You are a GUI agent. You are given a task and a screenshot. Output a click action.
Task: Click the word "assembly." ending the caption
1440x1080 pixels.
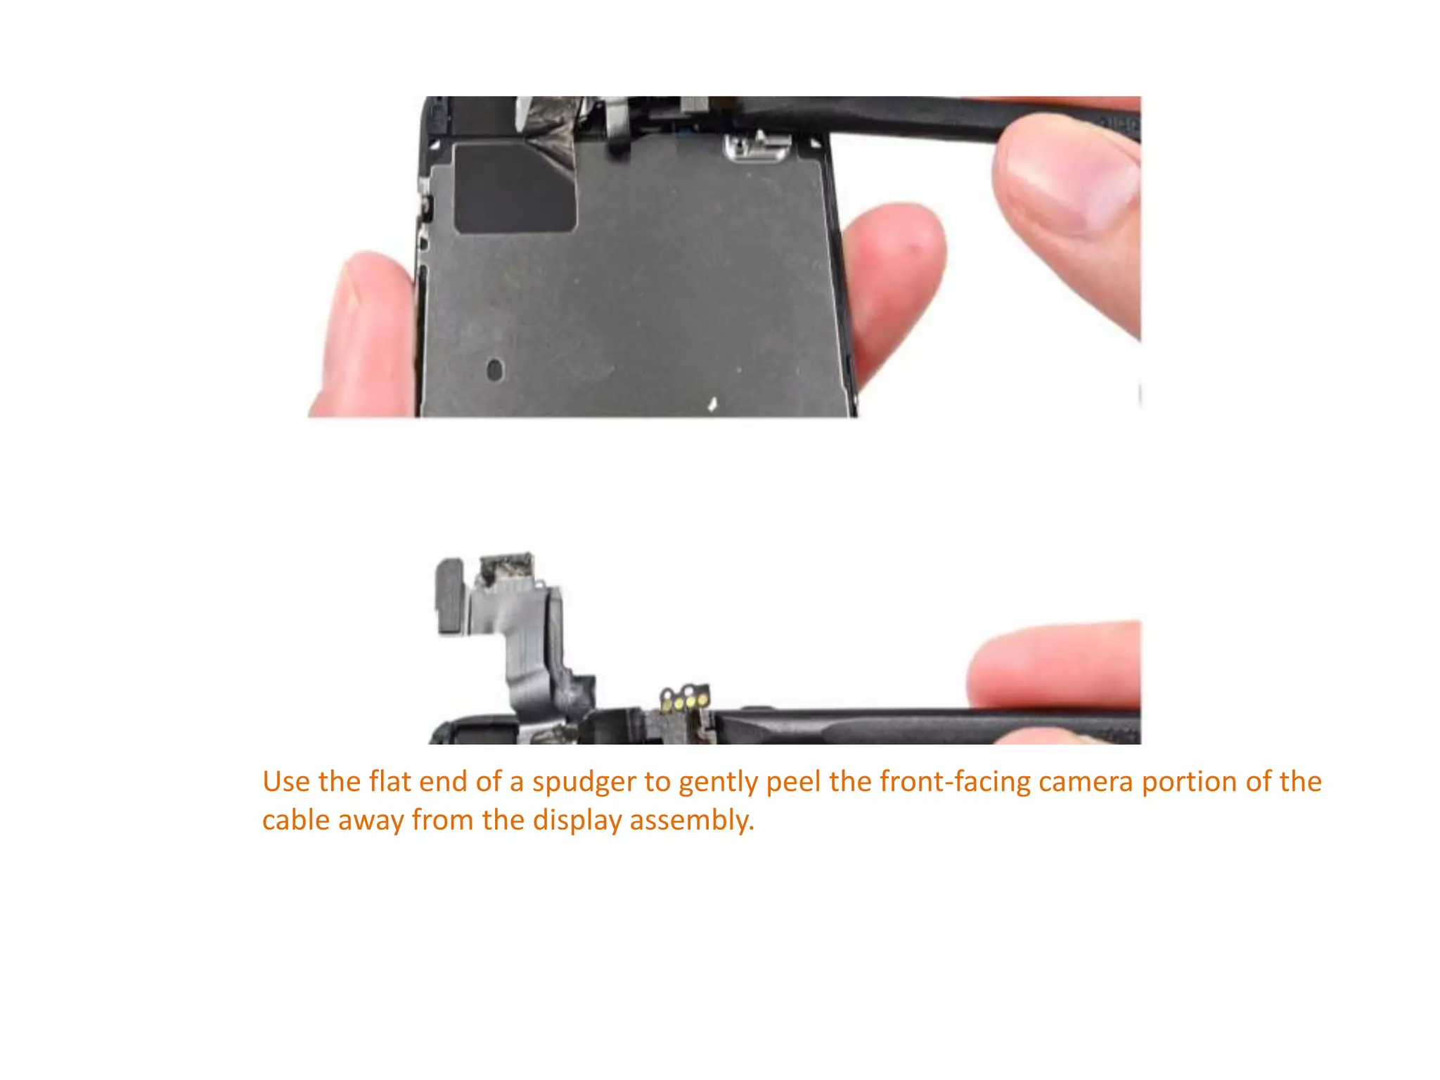click(x=692, y=821)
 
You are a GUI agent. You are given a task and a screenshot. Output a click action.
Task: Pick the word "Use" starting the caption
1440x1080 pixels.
click(x=285, y=783)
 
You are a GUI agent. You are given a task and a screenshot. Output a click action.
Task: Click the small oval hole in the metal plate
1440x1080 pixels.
click(x=495, y=369)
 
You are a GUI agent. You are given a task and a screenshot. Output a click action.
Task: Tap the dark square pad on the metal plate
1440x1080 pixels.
click(x=515, y=188)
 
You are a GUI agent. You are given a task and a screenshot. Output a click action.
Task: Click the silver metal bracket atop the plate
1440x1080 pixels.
click(x=758, y=147)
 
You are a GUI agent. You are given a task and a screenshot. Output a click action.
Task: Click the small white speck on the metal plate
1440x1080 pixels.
click(x=712, y=404)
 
